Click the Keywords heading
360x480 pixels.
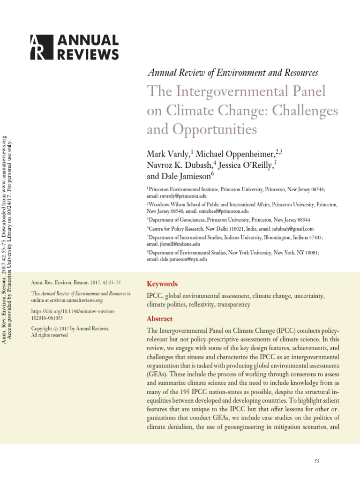pos(162,284)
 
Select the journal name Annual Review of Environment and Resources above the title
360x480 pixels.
pos(233,73)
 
